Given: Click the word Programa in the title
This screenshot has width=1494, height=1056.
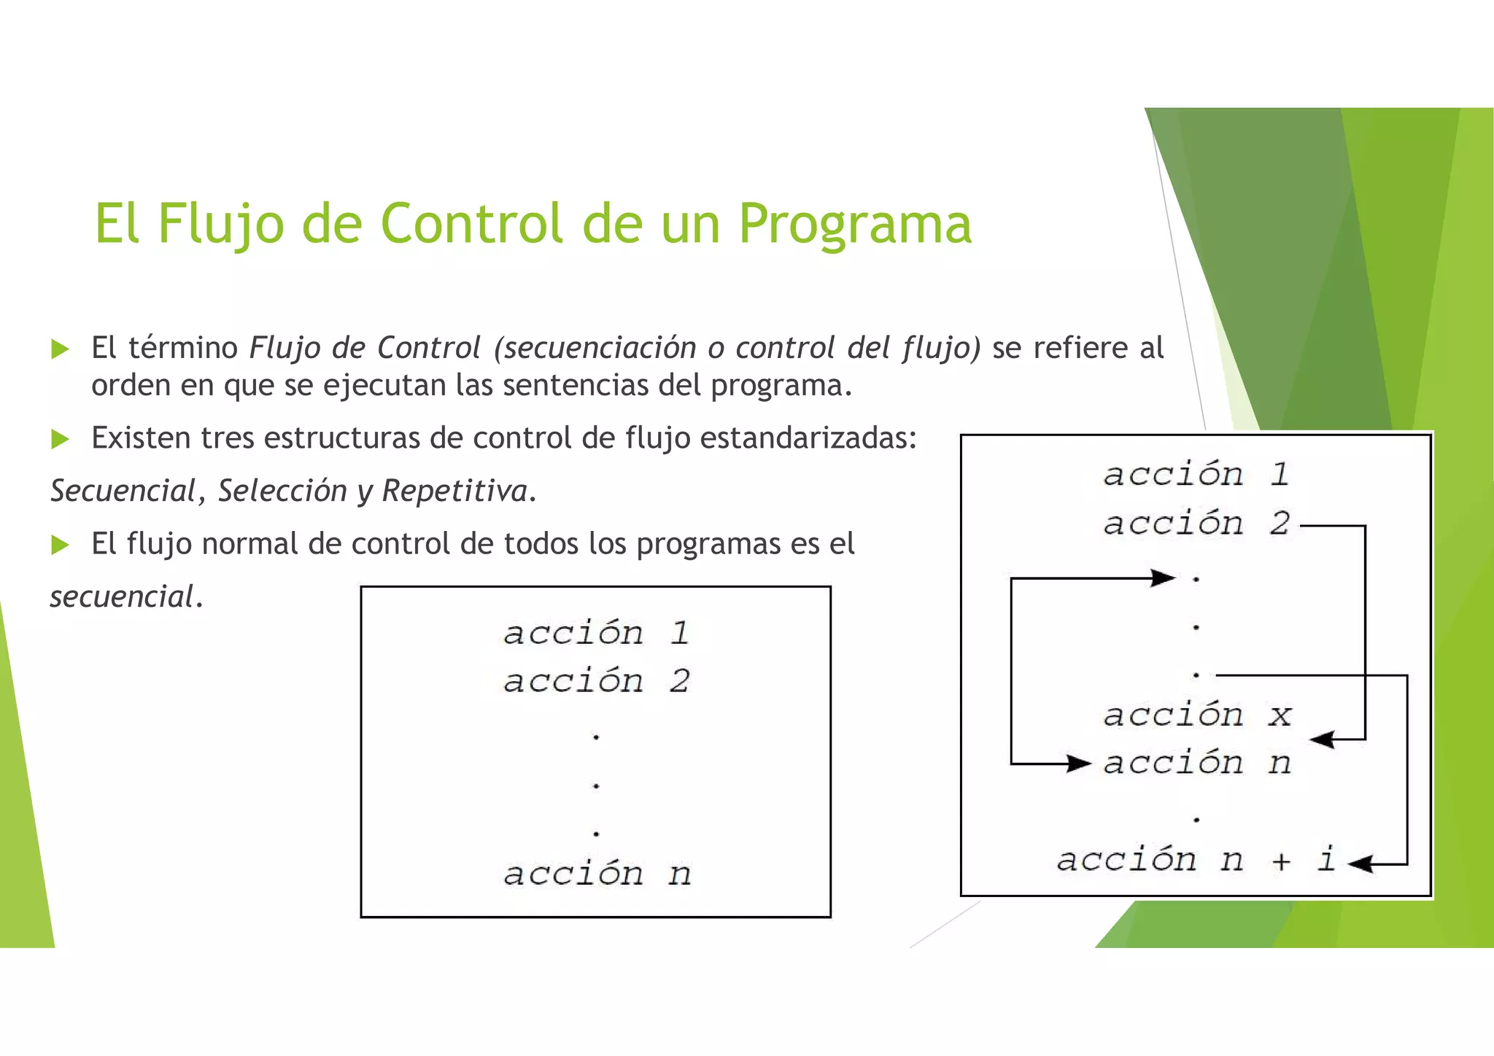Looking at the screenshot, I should coord(854,224).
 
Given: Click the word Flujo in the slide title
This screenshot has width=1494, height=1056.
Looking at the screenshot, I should coord(220,224).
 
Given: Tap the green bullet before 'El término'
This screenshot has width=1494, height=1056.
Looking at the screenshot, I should coord(60,349).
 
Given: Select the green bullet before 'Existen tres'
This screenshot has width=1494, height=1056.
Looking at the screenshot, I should coord(60,439).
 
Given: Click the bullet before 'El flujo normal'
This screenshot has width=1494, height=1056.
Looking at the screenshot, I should coord(60,545).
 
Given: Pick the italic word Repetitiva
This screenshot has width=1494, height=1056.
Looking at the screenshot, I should coord(455,491).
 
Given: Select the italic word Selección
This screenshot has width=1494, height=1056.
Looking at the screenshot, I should coord(282,491).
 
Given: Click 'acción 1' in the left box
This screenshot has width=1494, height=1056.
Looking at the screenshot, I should coord(596,633).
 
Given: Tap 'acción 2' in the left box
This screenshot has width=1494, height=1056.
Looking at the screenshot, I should coord(596,681).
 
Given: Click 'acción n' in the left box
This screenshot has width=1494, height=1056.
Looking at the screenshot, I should coord(596,874).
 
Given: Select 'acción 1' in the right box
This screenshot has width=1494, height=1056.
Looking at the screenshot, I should coord(1196,475).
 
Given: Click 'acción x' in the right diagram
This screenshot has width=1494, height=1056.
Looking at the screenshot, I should coord(1196,715).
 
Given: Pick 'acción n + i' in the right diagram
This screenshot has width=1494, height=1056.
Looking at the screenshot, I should coord(1196,860).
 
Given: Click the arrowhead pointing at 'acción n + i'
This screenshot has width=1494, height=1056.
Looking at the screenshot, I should coord(1359,864).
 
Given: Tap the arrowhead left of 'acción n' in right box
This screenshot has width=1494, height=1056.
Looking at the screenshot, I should coord(1079,764).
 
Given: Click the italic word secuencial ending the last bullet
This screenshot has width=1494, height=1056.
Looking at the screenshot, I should coord(121,597).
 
